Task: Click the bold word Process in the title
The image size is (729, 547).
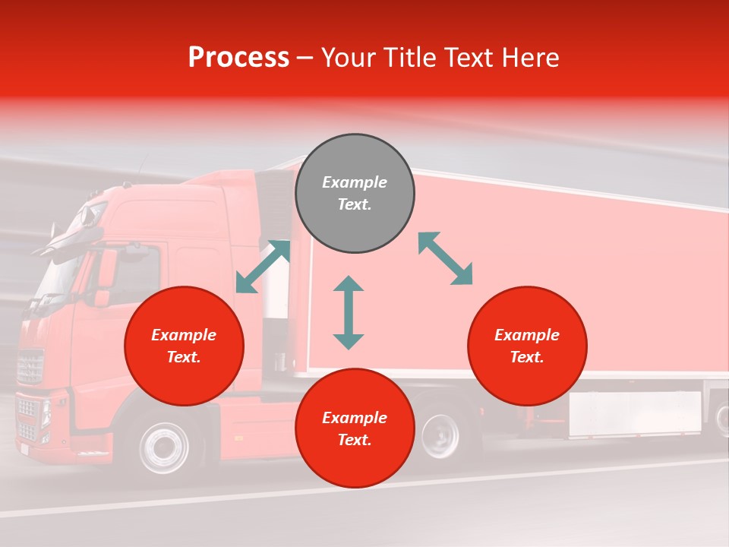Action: pyautogui.click(x=238, y=58)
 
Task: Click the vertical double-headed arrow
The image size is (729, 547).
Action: pyautogui.click(x=349, y=313)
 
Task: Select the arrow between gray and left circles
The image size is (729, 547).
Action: pyautogui.click(x=263, y=267)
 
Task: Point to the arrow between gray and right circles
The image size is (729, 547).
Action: pyautogui.click(x=446, y=258)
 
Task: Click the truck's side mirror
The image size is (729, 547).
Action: pyautogui.click(x=106, y=269)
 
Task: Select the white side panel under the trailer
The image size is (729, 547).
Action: pyautogui.click(x=635, y=413)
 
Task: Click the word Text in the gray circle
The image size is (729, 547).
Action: pyautogui.click(x=355, y=204)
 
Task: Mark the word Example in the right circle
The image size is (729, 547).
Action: pyautogui.click(x=527, y=335)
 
